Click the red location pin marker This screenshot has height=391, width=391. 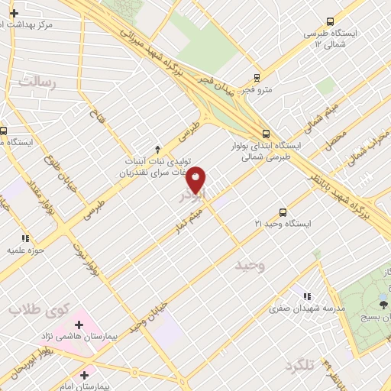click(196, 179)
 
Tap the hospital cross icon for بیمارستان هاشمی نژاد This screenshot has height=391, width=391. click(78, 326)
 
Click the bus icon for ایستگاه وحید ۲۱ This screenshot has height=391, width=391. click(283, 212)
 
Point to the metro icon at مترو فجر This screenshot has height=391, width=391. click(256, 77)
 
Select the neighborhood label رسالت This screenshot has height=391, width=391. click(37, 81)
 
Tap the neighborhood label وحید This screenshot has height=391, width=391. click(249, 266)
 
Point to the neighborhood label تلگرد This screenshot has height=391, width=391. click(296, 364)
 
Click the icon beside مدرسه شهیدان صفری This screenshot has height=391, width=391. click(306, 296)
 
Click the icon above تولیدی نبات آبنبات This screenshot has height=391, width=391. click(157, 149)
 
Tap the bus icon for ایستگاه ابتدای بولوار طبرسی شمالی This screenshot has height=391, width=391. click(265, 131)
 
